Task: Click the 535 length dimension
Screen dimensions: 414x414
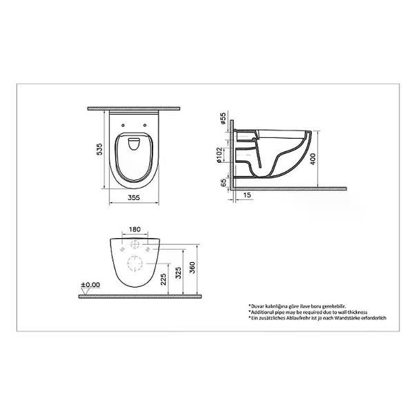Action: (99, 149)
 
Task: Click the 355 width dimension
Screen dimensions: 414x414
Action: (134, 197)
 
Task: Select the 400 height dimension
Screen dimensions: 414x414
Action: (313, 159)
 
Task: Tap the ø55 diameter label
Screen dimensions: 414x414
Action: (223, 118)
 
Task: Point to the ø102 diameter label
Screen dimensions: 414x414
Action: (219, 155)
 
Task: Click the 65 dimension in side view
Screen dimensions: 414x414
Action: (224, 182)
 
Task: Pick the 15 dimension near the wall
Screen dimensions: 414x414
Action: (246, 195)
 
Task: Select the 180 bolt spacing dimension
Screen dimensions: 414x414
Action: (135, 230)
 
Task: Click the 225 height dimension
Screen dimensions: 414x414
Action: (164, 279)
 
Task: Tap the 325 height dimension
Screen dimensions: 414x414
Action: (178, 273)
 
